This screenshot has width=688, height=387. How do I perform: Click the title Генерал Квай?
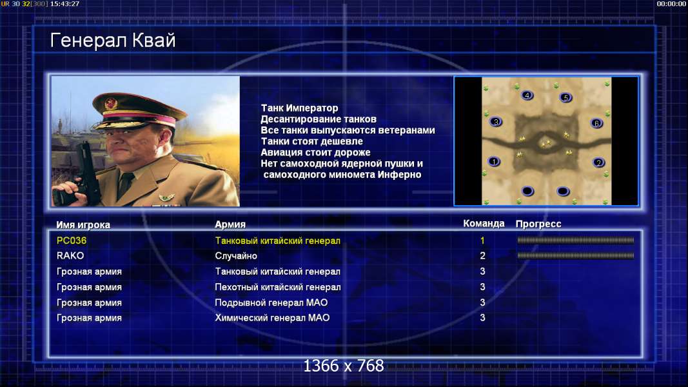[x=113, y=41]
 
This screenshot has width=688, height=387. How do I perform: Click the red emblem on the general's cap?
[x=111, y=104]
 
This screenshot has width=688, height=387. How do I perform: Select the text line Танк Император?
[x=299, y=108]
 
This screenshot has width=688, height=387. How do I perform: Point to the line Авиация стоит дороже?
[x=315, y=152]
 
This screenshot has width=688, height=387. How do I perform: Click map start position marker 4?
[x=527, y=95]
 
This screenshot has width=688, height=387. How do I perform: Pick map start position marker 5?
[x=566, y=97]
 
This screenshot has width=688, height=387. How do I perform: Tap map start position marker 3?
[x=496, y=122]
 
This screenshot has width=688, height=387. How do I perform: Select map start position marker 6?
[x=596, y=123]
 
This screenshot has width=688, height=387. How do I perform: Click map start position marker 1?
[x=494, y=161]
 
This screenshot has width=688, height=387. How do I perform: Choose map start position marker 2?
[x=598, y=163]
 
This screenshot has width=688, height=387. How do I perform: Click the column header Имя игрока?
[x=83, y=224]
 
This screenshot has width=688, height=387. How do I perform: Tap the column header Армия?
[x=230, y=224]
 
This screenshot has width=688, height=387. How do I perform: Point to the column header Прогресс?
[x=538, y=224]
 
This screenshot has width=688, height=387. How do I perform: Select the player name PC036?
[x=72, y=241]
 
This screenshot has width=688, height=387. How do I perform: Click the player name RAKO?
[x=70, y=255]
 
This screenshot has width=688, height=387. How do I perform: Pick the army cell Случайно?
[x=236, y=256]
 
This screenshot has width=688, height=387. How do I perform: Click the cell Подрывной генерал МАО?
[x=271, y=303]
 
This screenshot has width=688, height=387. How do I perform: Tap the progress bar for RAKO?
[x=575, y=255]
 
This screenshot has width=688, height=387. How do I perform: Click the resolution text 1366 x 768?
[x=344, y=366]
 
